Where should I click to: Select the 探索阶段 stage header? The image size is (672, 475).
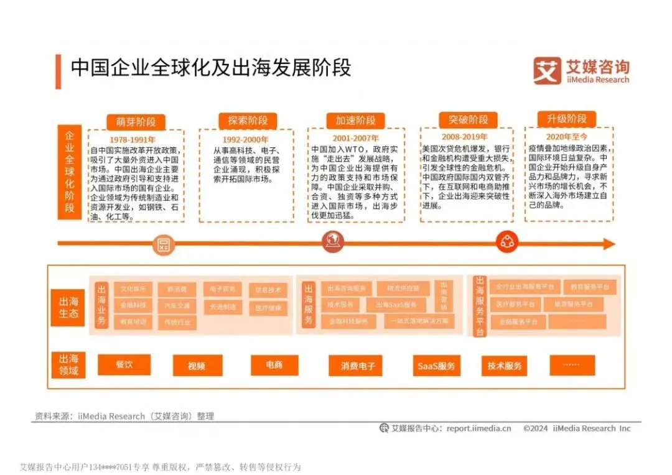point(247,121)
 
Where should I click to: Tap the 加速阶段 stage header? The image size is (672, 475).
point(355,121)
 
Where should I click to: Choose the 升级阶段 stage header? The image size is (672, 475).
point(566,119)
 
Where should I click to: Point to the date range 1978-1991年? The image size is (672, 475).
point(133,139)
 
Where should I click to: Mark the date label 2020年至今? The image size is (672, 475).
point(566,136)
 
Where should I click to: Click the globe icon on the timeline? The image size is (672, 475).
point(332,242)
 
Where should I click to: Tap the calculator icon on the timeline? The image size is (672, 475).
point(164,244)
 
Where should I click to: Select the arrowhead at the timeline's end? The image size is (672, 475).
point(608,244)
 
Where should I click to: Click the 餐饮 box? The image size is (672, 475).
point(124,364)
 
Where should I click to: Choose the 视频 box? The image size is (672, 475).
point(197,366)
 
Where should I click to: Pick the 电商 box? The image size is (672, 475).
point(274,365)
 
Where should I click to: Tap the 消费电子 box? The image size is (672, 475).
point(357,366)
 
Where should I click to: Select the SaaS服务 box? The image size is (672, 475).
point(436,366)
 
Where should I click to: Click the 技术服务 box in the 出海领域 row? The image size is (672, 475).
point(504,366)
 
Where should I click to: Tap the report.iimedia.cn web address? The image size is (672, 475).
point(478,428)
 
